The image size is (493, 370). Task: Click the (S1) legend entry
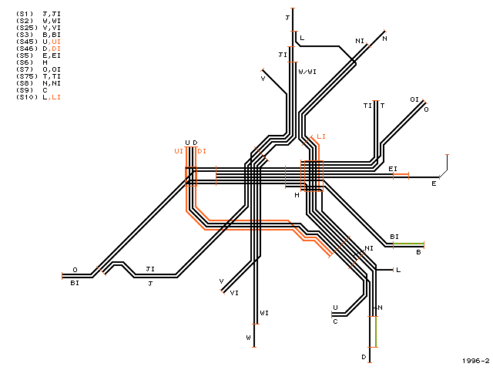38,14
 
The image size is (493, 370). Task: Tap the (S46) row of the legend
38,49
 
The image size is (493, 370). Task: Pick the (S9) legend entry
32,90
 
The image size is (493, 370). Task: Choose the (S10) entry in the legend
38,97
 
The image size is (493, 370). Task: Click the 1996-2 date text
476,361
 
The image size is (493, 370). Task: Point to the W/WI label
307,72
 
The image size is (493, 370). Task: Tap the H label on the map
297,195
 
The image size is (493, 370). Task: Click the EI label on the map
393,169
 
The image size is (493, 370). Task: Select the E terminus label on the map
434,183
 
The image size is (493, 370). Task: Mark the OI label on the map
414,99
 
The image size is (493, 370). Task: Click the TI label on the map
367,106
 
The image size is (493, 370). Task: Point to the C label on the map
335,321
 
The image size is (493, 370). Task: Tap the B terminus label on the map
418,252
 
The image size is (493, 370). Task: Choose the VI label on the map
234,293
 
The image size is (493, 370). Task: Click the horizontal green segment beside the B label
408,244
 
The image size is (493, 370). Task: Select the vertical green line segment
377,331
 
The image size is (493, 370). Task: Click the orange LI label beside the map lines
321,136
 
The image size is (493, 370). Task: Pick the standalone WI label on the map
264,313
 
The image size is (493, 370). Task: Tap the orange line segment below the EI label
401,173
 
